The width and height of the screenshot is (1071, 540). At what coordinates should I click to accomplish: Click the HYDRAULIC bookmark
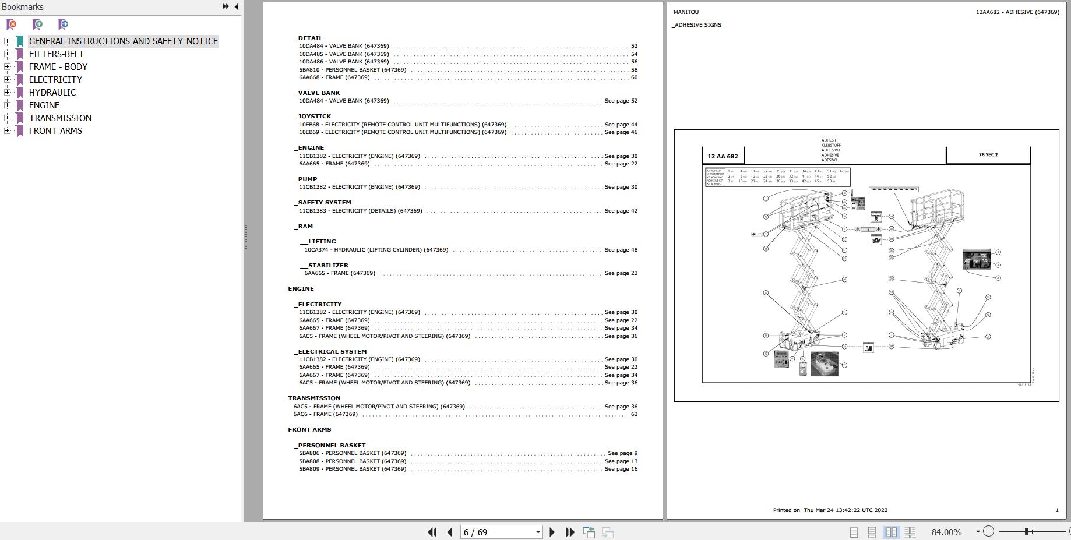click(x=52, y=92)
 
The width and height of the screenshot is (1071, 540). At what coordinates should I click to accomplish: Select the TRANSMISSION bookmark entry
click(x=60, y=118)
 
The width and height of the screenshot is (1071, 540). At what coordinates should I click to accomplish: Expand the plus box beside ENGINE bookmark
click(x=7, y=105)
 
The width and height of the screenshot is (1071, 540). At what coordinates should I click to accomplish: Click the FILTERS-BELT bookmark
click(x=57, y=54)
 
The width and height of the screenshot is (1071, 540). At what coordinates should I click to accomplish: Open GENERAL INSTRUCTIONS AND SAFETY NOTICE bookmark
click(x=123, y=41)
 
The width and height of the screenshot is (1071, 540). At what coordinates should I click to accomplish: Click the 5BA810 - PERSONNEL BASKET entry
click(x=353, y=70)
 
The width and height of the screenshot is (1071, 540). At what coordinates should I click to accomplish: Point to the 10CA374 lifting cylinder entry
click(x=376, y=250)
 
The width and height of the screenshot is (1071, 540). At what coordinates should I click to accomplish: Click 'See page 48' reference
click(x=621, y=250)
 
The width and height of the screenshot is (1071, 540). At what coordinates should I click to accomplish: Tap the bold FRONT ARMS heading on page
click(x=309, y=430)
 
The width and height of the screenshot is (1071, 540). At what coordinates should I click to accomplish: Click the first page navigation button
click(x=432, y=532)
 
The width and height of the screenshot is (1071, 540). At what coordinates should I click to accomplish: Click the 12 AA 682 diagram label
click(x=723, y=156)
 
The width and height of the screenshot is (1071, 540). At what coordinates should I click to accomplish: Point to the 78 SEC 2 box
click(x=988, y=155)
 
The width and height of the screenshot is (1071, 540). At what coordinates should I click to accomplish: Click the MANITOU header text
click(x=686, y=12)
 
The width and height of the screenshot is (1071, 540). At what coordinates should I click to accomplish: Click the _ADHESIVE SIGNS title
click(x=697, y=25)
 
